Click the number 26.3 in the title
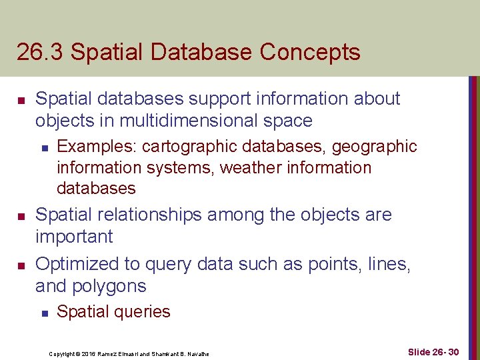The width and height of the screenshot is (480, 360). coord(40,52)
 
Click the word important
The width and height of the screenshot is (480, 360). coord(74,237)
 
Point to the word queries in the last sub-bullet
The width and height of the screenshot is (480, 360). coord(141,312)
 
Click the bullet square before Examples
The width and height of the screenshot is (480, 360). coord(43,146)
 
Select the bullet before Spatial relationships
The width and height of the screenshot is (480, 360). coord(21,216)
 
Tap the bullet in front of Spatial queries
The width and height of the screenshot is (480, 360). coord(43,312)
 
